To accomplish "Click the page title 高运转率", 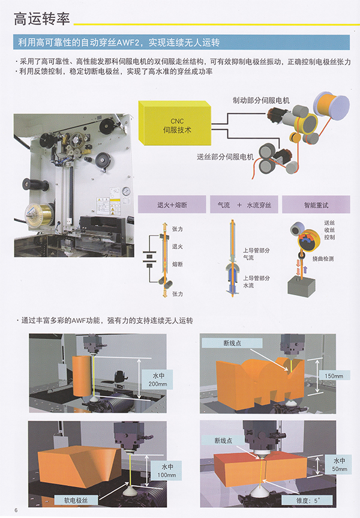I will [42, 19].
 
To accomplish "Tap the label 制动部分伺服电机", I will [261, 100].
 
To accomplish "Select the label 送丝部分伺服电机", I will [226, 157].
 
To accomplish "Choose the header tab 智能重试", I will [316, 205].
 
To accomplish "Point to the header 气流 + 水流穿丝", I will [244, 205].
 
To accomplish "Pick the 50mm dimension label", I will [338, 467].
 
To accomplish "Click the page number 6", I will [8, 511].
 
